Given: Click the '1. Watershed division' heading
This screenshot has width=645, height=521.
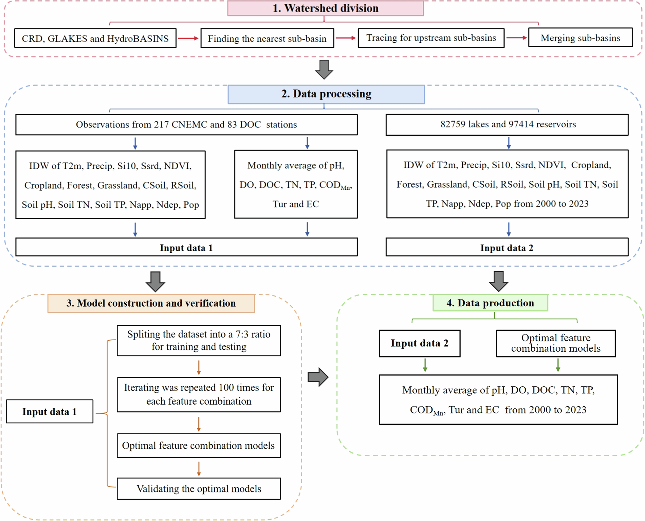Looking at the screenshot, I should click(325, 8).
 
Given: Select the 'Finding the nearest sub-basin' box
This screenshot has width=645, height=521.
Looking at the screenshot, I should click(267, 38).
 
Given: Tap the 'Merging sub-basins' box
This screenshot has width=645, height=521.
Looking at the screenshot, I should click(580, 38).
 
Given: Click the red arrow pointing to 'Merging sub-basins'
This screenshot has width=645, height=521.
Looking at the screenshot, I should click(516, 38).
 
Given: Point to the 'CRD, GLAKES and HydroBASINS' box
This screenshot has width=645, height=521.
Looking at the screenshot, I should click(95, 38).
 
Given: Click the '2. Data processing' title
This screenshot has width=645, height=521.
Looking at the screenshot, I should click(326, 94).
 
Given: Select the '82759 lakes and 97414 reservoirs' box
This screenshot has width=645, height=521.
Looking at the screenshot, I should click(508, 124).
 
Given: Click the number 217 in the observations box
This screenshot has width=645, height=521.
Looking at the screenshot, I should click(161, 124).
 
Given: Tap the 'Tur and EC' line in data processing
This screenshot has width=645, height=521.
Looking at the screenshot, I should click(296, 204).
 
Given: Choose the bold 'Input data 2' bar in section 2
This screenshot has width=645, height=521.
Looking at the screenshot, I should click(506, 248).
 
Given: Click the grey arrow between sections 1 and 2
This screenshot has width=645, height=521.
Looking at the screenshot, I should click(324, 70).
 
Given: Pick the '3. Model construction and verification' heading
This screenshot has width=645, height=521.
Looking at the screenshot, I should click(151, 303).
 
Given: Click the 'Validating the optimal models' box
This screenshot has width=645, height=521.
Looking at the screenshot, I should click(199, 489).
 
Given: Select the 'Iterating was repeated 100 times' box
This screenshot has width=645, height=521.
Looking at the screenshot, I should click(199, 394).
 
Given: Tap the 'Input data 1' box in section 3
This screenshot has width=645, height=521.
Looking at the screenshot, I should click(50, 411).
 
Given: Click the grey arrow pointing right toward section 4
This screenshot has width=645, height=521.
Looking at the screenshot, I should click(318, 377).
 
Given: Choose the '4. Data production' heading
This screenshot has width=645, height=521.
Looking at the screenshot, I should click(490, 303).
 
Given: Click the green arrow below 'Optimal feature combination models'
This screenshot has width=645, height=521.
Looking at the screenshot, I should click(558, 366).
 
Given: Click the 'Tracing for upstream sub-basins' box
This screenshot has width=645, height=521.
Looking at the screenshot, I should click(431, 38).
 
